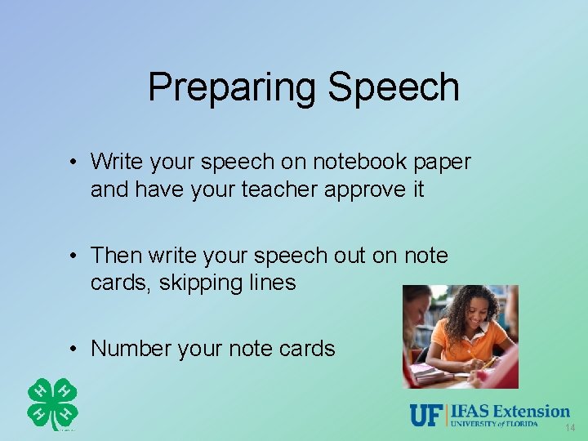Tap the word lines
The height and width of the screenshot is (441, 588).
coord(274,283)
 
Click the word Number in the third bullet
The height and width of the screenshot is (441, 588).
coord(131,349)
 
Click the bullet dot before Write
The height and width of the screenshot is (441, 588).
coord(73,163)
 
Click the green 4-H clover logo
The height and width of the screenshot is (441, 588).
coord(52,403)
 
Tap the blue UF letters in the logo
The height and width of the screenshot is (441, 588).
coord(425,415)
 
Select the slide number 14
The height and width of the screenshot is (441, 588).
coord(569,428)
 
